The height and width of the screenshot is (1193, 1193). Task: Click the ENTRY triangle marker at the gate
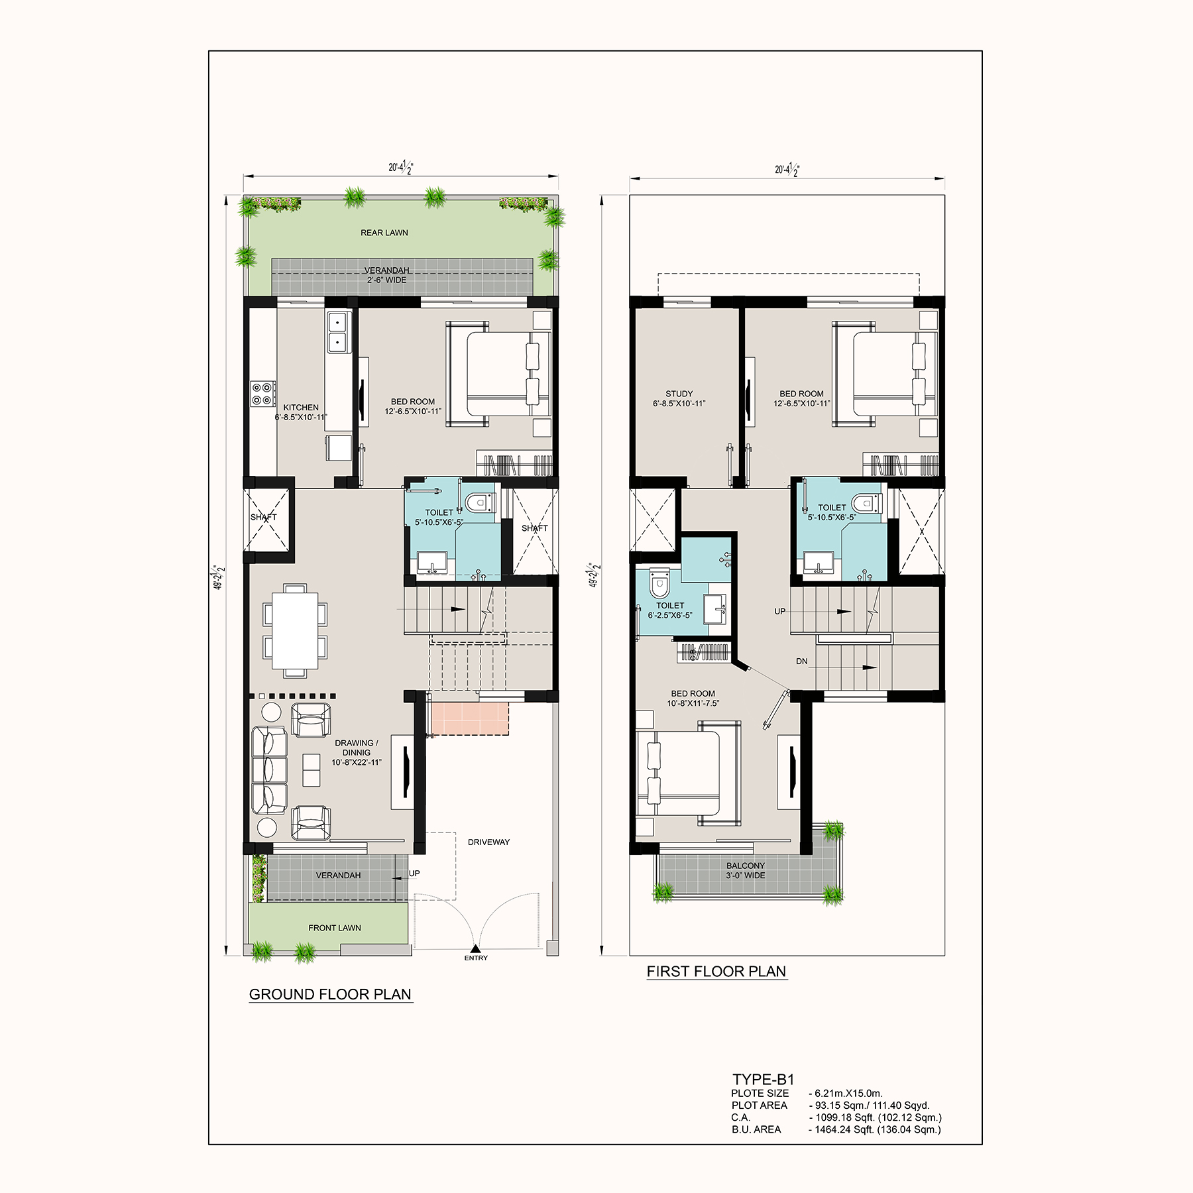tap(476, 948)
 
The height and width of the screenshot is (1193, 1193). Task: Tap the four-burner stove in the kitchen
tap(263, 393)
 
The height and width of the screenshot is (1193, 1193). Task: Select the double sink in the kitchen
tap(337, 333)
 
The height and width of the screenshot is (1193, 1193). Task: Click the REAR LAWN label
tap(384, 233)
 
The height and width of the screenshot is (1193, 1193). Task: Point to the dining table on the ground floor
tap(295, 630)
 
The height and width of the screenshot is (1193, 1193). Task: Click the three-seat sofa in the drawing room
tap(269, 771)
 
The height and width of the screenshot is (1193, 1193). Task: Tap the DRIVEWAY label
tap(489, 842)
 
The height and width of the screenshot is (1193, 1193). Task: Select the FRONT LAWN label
tap(335, 928)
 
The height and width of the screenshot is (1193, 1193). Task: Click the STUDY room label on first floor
tap(679, 394)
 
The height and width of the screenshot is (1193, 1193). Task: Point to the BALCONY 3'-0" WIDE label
tap(746, 870)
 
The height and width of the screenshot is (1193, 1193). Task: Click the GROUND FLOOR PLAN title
tap(330, 994)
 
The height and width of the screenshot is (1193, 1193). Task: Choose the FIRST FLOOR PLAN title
tap(716, 972)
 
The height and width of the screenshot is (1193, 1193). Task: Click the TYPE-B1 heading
tap(764, 1080)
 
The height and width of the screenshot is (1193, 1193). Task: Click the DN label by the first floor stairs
tap(802, 661)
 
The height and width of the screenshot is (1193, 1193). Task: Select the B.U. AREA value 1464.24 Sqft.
tap(875, 1129)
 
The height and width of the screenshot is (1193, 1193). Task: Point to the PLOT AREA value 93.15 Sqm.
tap(870, 1106)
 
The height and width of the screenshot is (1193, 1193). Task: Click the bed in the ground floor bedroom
tap(498, 374)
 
